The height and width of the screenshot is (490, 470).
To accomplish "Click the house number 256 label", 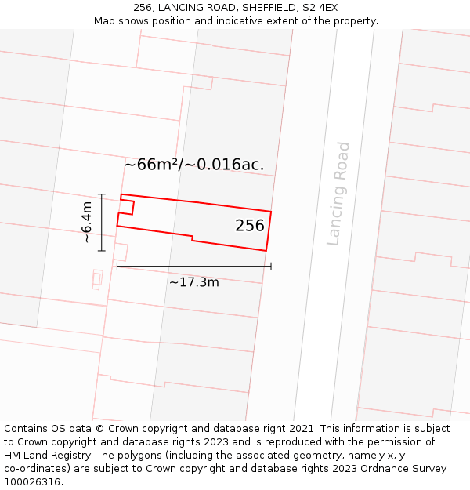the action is [250, 226].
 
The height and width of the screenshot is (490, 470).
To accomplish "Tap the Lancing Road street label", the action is [338, 194].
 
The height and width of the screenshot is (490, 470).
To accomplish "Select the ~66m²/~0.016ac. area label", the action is [193, 165].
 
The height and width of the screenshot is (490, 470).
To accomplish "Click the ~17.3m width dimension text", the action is [193, 282].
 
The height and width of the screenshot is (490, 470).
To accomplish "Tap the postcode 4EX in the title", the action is [327, 8].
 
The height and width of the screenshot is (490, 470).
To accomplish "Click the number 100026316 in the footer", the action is [33, 482].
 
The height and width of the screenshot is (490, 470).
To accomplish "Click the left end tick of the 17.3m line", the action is [117, 266].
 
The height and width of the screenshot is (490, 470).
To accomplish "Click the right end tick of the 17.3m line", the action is [271, 266].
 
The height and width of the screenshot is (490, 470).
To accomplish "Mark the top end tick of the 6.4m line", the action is [102, 194].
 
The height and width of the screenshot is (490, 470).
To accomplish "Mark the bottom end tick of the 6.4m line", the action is [102, 251].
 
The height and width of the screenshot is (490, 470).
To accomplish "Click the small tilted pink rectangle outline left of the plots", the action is [97, 279].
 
